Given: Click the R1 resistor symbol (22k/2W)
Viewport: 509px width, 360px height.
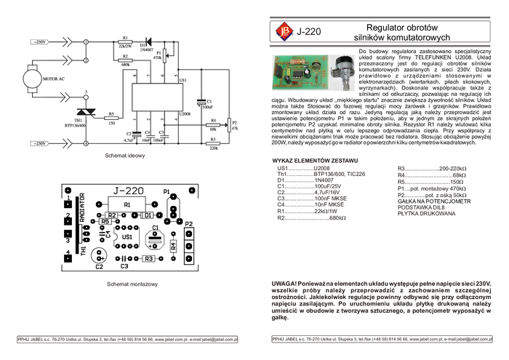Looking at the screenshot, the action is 125,41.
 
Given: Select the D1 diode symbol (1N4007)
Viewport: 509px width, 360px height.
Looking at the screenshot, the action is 150,41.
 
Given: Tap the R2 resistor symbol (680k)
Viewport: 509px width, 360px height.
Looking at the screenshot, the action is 125,60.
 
